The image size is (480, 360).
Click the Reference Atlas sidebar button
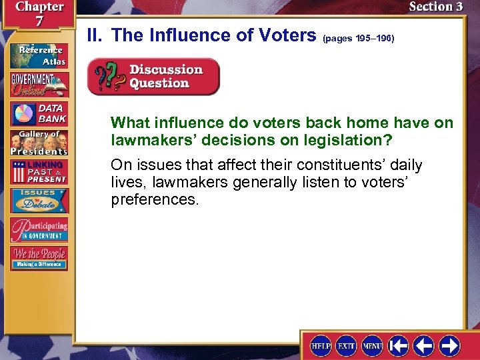pos(39,55)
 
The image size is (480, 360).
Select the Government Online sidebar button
pos(39,84)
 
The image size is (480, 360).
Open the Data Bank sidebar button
pos(39,113)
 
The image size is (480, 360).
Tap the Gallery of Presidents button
pos(39,142)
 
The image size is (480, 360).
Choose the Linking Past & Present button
pos(39,171)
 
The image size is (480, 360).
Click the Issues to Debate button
pos(39,200)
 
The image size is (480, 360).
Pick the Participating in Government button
pos(39,229)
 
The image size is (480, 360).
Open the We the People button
pos(39,258)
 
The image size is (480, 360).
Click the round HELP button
pos(321,345)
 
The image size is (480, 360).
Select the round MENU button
pos(372,345)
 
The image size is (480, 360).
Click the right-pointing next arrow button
pos(449,345)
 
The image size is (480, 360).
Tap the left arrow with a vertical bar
pos(398,345)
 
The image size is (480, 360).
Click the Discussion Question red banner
pos(154,77)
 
